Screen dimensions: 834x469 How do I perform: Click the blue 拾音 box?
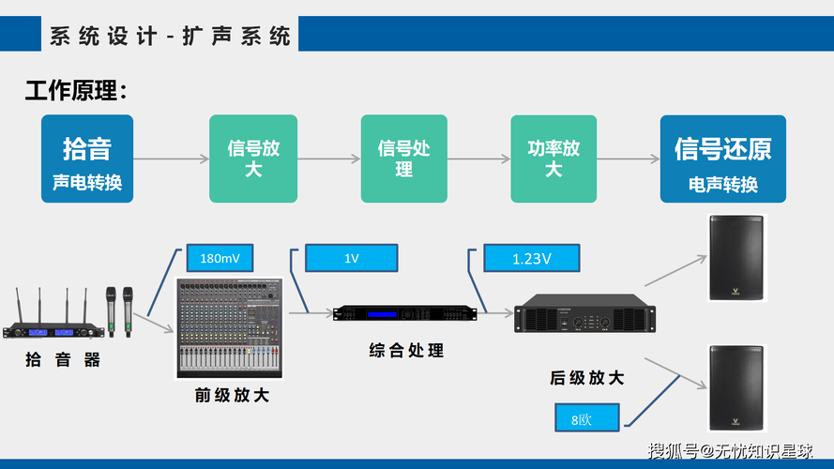[x=87, y=159]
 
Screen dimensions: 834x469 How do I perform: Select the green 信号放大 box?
[x=253, y=159]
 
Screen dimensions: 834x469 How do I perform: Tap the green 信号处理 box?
[x=403, y=159]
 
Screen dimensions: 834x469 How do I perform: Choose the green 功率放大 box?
[x=553, y=159]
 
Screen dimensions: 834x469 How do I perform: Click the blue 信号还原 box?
[x=723, y=159]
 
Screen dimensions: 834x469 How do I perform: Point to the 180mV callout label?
[x=220, y=258]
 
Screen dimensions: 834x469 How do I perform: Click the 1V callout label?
[x=351, y=258]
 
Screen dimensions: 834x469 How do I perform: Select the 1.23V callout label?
[x=531, y=258]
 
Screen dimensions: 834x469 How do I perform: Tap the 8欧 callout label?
[x=586, y=417]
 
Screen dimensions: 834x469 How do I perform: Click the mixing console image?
[x=229, y=328]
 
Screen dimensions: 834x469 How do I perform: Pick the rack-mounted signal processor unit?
[x=404, y=313]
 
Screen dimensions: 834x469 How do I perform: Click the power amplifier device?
[x=584, y=313]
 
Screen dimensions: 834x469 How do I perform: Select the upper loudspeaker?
[x=736, y=258]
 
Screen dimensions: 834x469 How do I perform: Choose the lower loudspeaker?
[x=736, y=387]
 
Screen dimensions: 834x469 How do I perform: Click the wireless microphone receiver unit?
[x=54, y=325]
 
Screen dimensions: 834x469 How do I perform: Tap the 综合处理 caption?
[x=406, y=351]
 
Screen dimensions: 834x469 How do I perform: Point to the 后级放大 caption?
[x=586, y=378]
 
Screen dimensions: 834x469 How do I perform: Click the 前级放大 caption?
[x=232, y=395]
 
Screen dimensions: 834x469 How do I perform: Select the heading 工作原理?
[x=76, y=90]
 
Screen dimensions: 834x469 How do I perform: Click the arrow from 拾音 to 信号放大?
[x=171, y=159]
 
